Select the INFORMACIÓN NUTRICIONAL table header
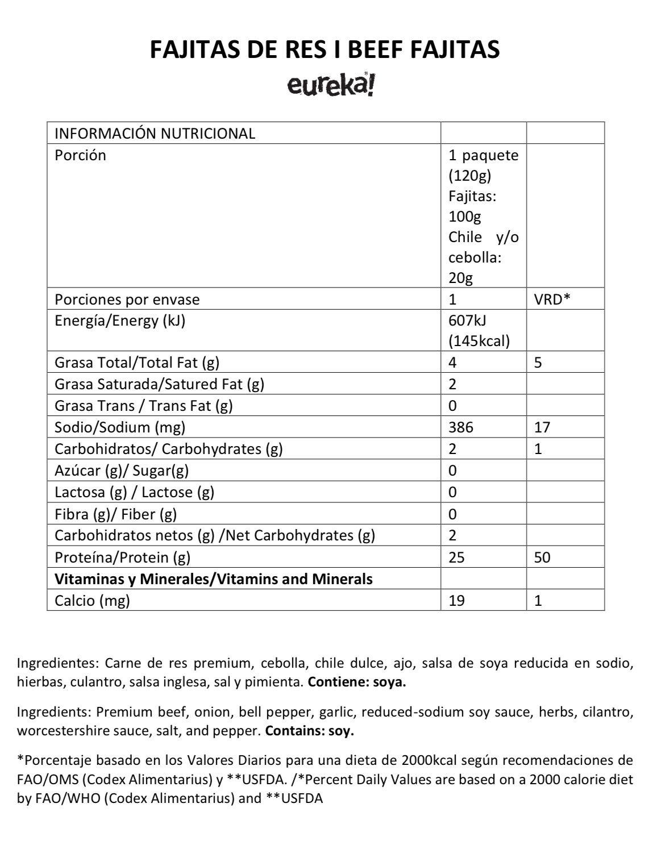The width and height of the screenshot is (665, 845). pyautogui.click(x=155, y=134)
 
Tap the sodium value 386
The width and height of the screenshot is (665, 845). pyautogui.click(x=460, y=427)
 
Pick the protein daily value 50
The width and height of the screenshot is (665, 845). pyautogui.click(x=542, y=557)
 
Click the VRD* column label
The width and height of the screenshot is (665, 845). pyautogui.click(x=552, y=299)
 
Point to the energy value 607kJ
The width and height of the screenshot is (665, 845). pyautogui.click(x=467, y=320)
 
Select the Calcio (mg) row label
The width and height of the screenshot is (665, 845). pyautogui.click(x=92, y=601)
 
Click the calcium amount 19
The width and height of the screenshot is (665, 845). pyautogui.click(x=456, y=601)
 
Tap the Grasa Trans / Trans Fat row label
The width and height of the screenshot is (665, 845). pyautogui.click(x=144, y=406)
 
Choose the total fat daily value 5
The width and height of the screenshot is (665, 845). pyautogui.click(x=538, y=363)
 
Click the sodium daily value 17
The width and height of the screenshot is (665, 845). pyautogui.click(x=542, y=427)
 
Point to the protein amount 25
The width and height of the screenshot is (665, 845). pyautogui.click(x=456, y=557)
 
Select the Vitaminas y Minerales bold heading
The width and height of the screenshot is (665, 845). pyautogui.click(x=214, y=579)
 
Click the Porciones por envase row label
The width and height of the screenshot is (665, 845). pyautogui.click(x=127, y=299)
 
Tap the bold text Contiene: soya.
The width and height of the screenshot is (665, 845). pyautogui.click(x=357, y=682)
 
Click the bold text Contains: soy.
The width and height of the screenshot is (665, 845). pyautogui.click(x=309, y=731)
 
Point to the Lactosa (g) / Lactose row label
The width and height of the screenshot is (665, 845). pyautogui.click(x=134, y=492)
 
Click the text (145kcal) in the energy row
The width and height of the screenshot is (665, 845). pyautogui.click(x=479, y=341)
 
